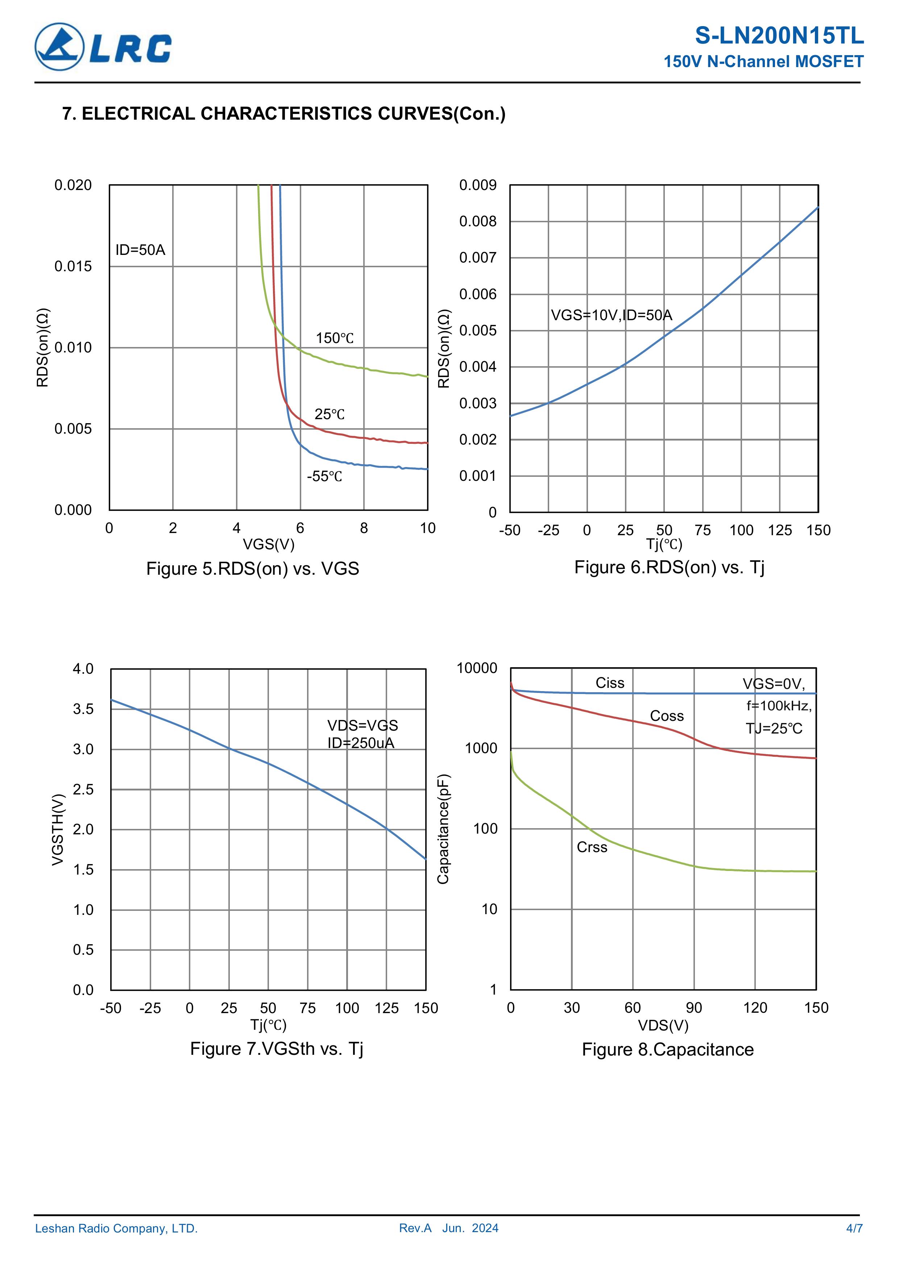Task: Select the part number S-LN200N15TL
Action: [779, 36]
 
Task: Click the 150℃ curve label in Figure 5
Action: [335, 338]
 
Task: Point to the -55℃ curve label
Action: [324, 476]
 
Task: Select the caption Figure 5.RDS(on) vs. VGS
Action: [253, 569]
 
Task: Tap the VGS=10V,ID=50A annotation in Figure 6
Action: [611, 315]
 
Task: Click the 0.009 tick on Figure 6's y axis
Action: [477, 185]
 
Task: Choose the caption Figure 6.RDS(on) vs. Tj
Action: [669, 567]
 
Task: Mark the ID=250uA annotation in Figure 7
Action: [361, 743]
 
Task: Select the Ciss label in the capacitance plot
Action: [609, 683]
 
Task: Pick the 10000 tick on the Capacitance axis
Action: [477, 668]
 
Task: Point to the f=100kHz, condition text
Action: [778, 706]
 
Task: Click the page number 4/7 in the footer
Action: [854, 1228]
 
